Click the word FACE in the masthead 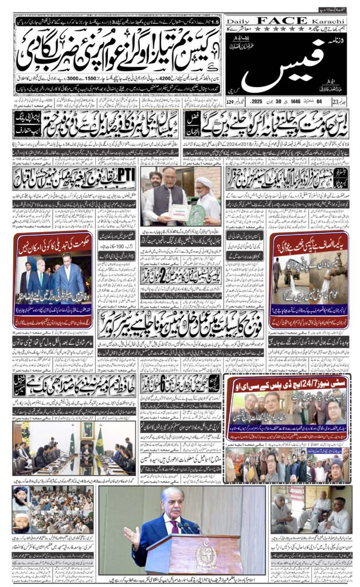pyautogui.click(x=287, y=21)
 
